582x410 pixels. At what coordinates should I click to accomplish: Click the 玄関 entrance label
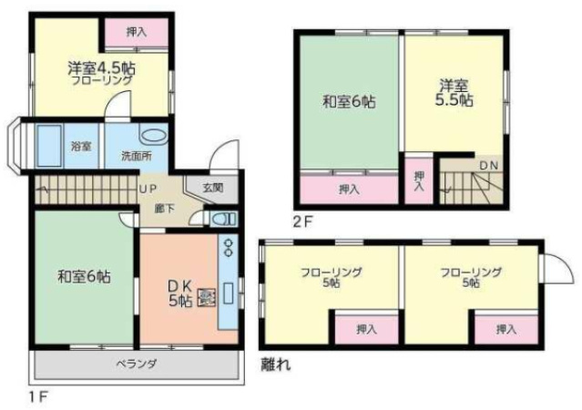pos(213,188)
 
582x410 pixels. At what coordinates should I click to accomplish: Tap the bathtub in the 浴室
pos(49,146)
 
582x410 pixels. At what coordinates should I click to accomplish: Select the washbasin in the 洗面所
pos(153,135)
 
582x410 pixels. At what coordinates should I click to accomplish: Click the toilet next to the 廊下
pos(223,220)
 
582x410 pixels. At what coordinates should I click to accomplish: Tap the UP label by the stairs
pos(148,189)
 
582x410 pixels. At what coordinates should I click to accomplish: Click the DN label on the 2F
pos(489,166)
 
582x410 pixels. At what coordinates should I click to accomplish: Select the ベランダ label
pos(137,364)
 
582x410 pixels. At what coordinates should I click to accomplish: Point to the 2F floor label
pos(303,222)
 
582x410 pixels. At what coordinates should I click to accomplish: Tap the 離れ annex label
pos(276,364)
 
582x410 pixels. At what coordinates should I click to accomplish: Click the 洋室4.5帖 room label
pos(101,68)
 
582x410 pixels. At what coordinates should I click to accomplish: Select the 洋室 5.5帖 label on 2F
pos(454,92)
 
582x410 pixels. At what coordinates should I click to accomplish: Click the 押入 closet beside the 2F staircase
pos(419,181)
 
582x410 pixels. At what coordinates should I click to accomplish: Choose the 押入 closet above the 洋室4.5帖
pos(137,33)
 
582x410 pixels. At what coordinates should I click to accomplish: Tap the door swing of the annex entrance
pos(557,268)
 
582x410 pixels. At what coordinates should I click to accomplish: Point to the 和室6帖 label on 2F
pos(349,101)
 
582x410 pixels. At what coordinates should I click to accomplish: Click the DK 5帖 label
pos(180,293)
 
